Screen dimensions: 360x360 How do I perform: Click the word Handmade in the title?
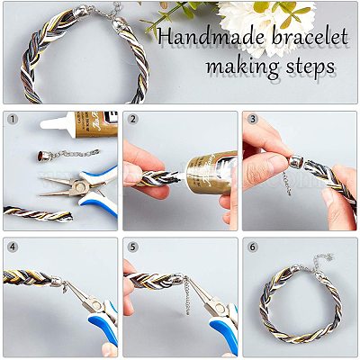coord(211,37)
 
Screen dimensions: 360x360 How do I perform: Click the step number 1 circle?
coord(13,120)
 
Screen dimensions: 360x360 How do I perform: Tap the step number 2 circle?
coord(132,120)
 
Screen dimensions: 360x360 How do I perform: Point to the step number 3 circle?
coord(253,120)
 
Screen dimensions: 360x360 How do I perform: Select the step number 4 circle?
coord(13,247)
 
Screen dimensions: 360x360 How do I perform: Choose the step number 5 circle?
coord(132,247)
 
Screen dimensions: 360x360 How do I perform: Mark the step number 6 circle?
coord(253,247)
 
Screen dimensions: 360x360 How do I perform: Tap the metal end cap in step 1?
coord(42,156)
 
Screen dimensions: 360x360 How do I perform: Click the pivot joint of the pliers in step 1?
coord(79,187)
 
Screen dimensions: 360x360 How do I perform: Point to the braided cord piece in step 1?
coord(38,213)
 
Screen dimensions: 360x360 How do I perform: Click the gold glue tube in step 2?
coord(210,172)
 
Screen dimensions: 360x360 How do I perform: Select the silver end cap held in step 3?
coord(296,162)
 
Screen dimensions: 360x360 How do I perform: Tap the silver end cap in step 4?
coord(58,282)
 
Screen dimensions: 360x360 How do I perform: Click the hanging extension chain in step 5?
coord(187,295)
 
